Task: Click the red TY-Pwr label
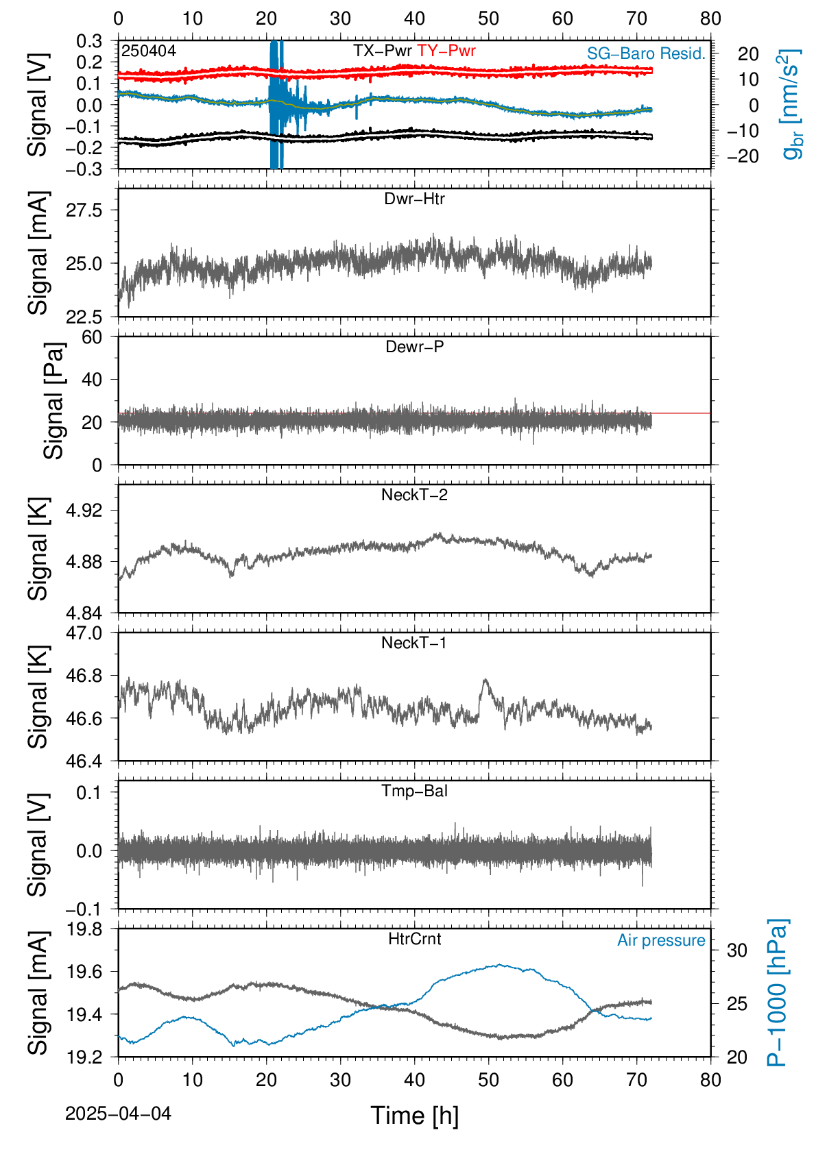pyautogui.click(x=446, y=51)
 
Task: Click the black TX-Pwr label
pyautogui.click(x=382, y=51)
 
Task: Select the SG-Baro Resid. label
pyautogui.click(x=645, y=53)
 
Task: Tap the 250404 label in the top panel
pyautogui.click(x=149, y=51)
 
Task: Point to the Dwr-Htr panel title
pyautogui.click(x=414, y=199)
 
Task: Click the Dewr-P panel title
pyautogui.click(x=414, y=347)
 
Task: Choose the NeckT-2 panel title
pyautogui.click(x=414, y=495)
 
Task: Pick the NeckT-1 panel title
pyautogui.click(x=413, y=642)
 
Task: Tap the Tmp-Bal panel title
pyautogui.click(x=414, y=790)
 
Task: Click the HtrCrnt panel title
pyautogui.click(x=414, y=939)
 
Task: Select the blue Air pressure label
pyautogui.click(x=661, y=940)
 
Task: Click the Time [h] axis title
pyautogui.click(x=414, y=1116)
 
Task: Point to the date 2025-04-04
pyautogui.click(x=118, y=1114)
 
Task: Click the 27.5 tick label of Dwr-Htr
pyautogui.click(x=84, y=210)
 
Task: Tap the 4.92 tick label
pyautogui.click(x=84, y=510)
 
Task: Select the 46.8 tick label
pyautogui.click(x=84, y=676)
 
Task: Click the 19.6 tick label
pyautogui.click(x=84, y=972)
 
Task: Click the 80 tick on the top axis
pyautogui.click(x=710, y=19)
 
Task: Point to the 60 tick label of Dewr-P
pyautogui.click(x=92, y=337)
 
